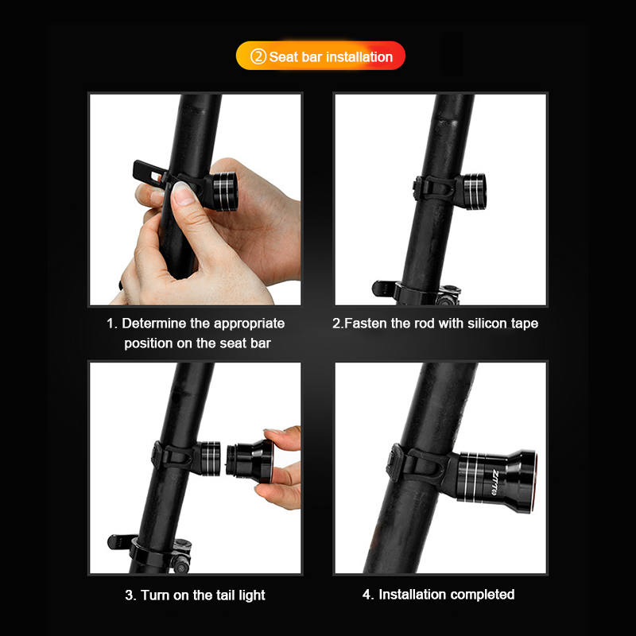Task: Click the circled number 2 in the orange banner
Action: [x=258, y=56]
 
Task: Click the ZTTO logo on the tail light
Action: [x=495, y=482]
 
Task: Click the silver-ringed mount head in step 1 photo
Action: [x=223, y=192]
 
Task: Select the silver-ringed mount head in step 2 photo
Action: [x=473, y=191]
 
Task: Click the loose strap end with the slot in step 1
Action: [x=149, y=173]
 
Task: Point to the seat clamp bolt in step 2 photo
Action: [x=448, y=295]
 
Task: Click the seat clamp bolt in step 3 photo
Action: [x=180, y=557]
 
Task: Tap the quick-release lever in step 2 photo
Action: [x=383, y=289]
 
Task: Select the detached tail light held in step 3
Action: [x=250, y=461]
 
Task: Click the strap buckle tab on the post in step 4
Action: [x=394, y=463]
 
